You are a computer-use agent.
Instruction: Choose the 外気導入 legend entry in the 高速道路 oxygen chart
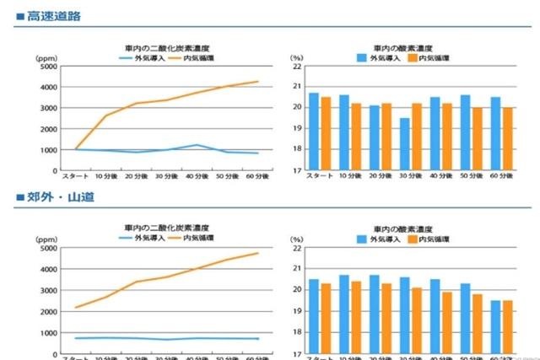pos(376,58)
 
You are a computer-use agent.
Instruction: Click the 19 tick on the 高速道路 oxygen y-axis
pos(297,129)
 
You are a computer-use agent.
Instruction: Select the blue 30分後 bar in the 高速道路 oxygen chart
pos(406,144)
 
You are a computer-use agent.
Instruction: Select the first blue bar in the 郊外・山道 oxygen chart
pos(314,315)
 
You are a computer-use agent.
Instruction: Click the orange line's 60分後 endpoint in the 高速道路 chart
pos(257,82)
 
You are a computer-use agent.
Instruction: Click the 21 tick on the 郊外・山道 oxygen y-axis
pos(297,270)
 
